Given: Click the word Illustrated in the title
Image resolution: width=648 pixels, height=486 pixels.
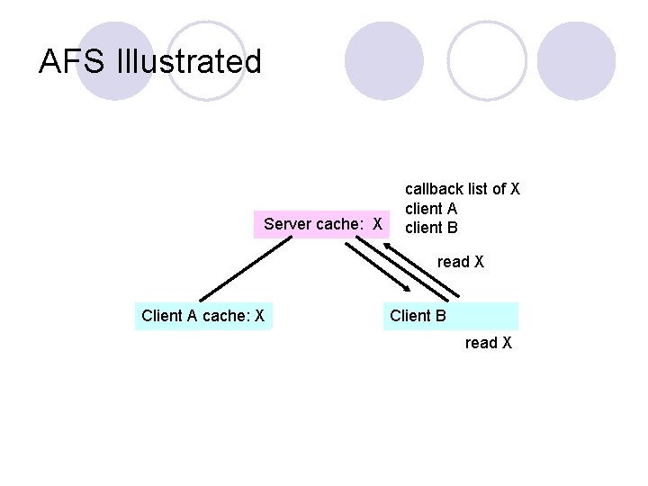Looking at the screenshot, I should pos(189,62).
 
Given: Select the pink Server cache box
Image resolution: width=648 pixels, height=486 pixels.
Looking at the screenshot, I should pos(323,223).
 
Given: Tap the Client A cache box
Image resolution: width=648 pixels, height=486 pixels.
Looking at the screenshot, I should pos(203,316).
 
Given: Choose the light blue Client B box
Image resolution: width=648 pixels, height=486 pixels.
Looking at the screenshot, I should pos(451,316).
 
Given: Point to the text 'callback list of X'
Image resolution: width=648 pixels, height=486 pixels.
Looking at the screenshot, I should pos(463,189).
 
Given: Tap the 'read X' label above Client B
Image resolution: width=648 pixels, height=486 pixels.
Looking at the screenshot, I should pos(461,262).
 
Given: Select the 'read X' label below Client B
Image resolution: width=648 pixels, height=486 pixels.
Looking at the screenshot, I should pos(489,343).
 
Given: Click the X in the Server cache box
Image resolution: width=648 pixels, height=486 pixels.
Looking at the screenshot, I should pos(378,223).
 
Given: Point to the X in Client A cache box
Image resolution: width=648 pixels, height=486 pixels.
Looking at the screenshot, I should pos(259,316).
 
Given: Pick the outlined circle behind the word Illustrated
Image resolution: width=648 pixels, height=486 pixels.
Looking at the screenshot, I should pos(206,60).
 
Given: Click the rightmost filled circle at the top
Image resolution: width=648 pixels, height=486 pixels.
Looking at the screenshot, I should pos(576,60).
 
